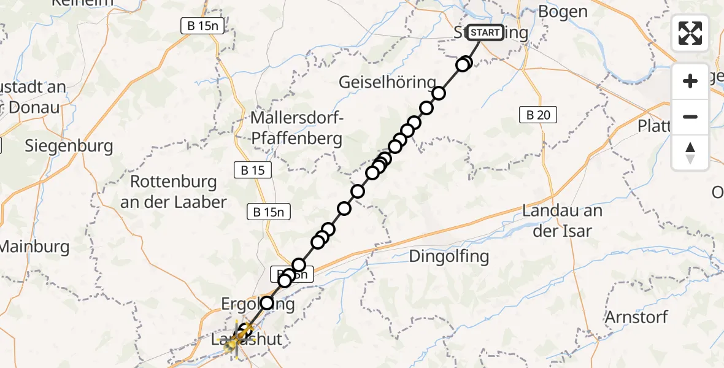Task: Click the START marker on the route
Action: tap(486, 33)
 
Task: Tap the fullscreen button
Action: tap(690, 33)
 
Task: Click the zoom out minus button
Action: tap(690, 117)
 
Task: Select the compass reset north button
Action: tap(690, 153)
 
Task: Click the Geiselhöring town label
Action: tap(388, 82)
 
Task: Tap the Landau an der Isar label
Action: tap(562, 221)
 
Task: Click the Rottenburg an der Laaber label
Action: tap(174, 192)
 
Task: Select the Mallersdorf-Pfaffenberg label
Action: tap(296, 128)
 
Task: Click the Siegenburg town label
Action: tap(69, 146)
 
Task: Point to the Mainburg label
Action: tap(34, 247)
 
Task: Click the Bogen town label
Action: tap(562, 12)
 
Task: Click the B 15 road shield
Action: tap(253, 171)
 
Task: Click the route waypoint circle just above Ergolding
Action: tap(267, 302)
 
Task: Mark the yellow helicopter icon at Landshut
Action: tap(233, 345)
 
